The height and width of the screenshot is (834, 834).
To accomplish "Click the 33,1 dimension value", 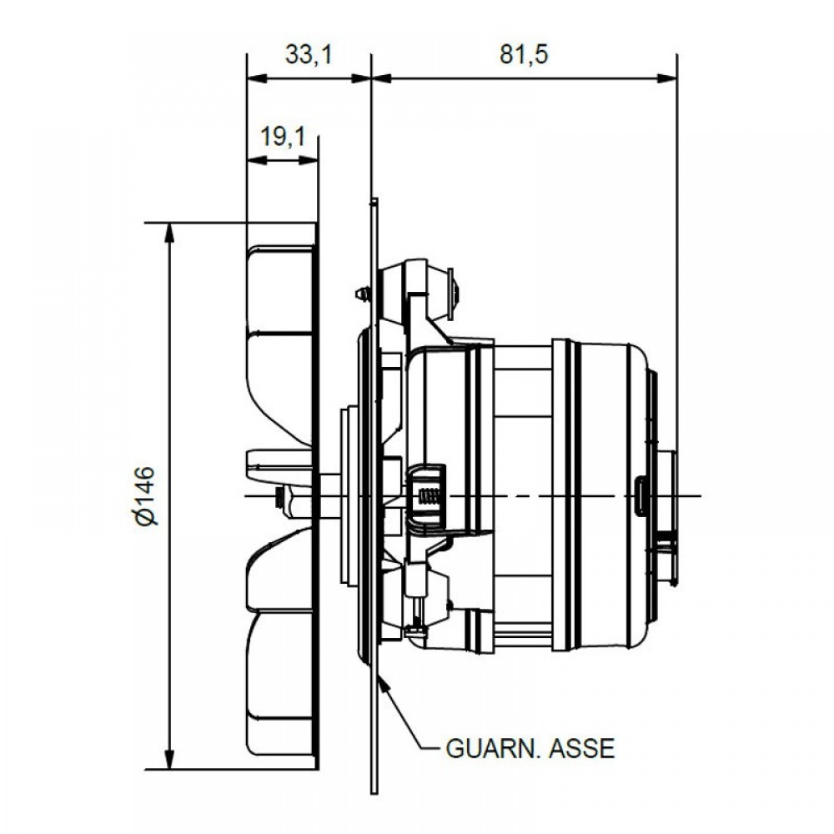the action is tap(309, 55).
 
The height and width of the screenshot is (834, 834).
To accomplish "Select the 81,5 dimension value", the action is tap(524, 55).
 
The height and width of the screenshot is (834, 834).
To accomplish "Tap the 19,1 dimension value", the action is tap(283, 137).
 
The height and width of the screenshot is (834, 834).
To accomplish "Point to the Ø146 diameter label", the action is tap(146, 495).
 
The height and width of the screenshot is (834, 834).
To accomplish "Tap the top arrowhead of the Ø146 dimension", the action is tap(169, 232).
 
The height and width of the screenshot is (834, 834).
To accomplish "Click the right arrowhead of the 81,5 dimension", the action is tap(667, 78).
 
